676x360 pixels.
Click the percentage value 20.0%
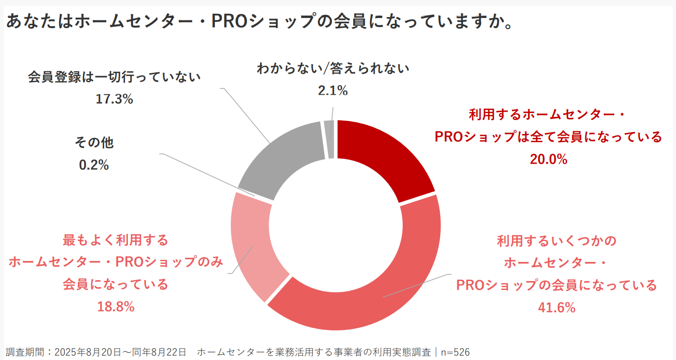point(549,159)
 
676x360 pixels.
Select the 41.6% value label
point(557,308)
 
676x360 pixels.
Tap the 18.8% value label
point(116,307)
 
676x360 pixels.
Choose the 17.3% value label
point(114,99)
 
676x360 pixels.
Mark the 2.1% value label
point(333,90)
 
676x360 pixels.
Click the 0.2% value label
point(94,165)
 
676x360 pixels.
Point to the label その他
point(94,142)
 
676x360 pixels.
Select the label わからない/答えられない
point(333,69)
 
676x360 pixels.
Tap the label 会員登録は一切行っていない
point(114,77)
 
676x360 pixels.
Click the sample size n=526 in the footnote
point(455,352)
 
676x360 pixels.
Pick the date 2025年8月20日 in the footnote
point(81,352)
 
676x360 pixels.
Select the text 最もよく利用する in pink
point(116,240)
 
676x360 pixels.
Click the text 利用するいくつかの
point(557,241)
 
